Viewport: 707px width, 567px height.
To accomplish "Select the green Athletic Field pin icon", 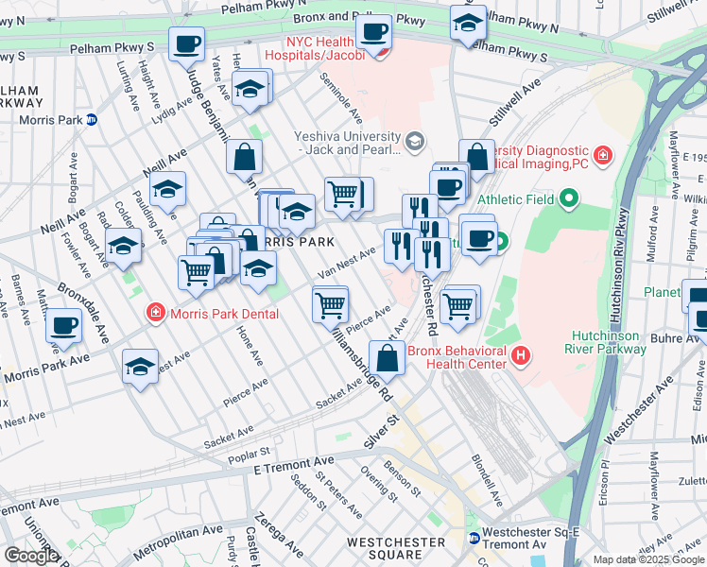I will tap(567, 198).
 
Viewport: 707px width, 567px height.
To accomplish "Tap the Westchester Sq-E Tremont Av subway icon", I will tap(474, 538).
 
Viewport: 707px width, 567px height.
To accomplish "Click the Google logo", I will tap(31, 556).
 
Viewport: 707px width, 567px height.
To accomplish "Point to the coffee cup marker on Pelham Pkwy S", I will tap(186, 43).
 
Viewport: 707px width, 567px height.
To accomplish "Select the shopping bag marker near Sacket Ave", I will tap(388, 358).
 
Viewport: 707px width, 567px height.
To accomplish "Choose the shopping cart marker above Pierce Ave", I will tap(331, 304).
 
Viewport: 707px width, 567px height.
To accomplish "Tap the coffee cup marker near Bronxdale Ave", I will tap(64, 326).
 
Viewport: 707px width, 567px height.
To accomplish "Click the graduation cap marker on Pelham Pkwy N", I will tap(468, 24).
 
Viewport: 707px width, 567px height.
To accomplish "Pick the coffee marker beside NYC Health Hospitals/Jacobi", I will tap(373, 32).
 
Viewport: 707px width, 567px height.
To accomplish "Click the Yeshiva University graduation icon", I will tap(413, 142).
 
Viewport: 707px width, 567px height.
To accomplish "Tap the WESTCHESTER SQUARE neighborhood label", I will tap(395, 548).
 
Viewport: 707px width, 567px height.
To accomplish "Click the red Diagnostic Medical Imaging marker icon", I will tap(601, 154).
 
